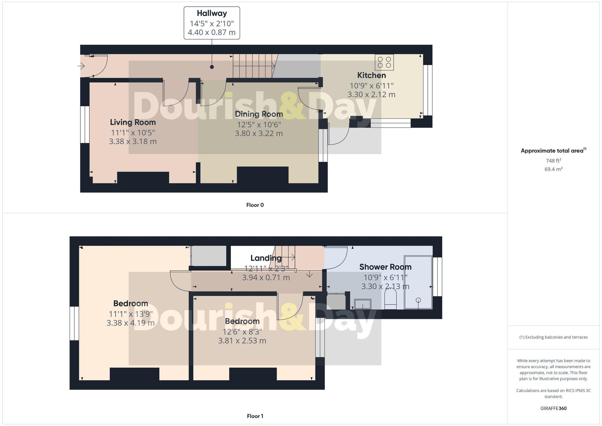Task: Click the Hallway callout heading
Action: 212,13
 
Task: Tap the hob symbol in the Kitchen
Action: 384,62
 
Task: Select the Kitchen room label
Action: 371,75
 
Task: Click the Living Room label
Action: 133,122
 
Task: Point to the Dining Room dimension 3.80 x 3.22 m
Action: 259,133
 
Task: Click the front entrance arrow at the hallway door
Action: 81,66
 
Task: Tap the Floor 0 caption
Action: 255,205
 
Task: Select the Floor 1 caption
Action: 255,416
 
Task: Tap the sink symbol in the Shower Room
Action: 362,304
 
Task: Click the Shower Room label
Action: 385,267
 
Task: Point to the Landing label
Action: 266,258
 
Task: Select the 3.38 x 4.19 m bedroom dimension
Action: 131,323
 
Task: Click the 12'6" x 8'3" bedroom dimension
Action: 242,332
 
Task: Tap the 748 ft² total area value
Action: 553,160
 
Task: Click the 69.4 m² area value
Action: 553,169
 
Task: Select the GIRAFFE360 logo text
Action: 553,408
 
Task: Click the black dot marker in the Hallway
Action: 212,67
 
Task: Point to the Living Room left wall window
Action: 85,124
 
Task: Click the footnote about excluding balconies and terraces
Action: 553,337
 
